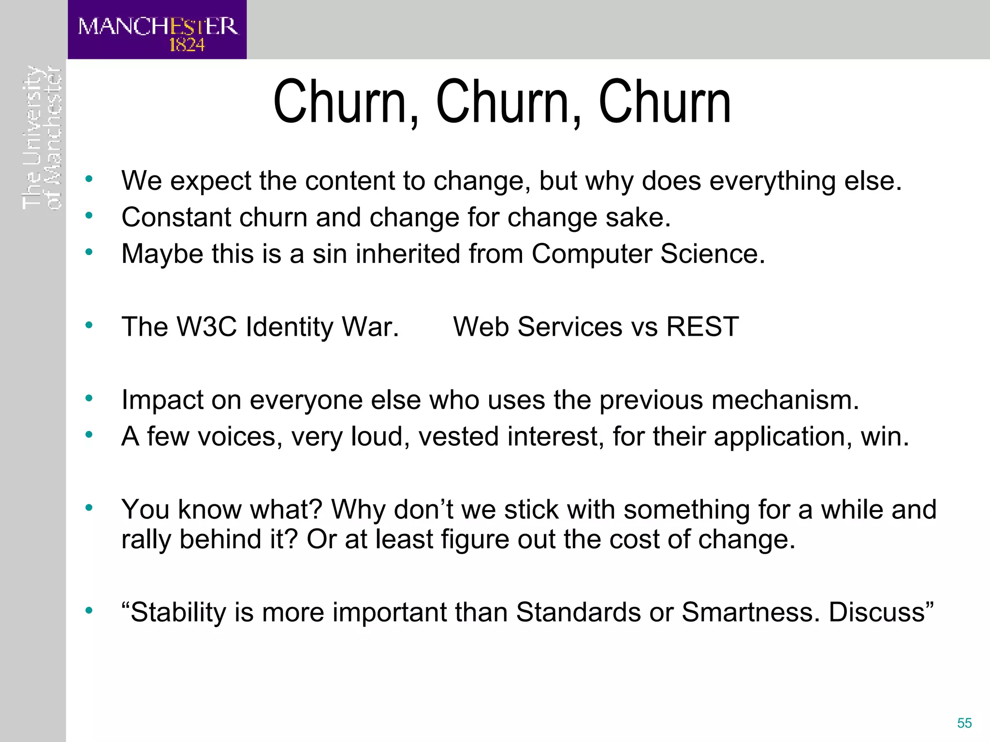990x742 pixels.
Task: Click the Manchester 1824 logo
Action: click(x=157, y=30)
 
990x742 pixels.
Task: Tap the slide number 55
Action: click(x=964, y=723)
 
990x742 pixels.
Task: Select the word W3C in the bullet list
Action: click(x=207, y=327)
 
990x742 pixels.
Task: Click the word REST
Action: click(x=702, y=327)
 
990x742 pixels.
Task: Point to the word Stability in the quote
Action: click(x=177, y=613)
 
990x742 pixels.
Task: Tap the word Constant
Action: click(x=176, y=217)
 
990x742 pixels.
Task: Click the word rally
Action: click(x=146, y=540)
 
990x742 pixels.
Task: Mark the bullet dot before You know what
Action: click(x=88, y=508)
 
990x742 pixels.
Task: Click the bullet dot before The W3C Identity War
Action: click(x=88, y=325)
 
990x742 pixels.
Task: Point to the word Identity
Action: click(x=289, y=328)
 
